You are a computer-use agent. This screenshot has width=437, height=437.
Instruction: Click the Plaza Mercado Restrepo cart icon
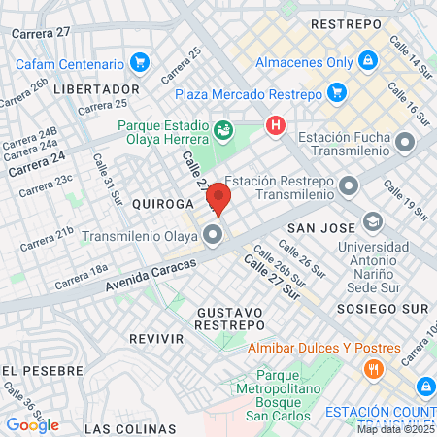coord(336,94)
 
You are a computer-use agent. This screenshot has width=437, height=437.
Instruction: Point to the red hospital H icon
coord(277,126)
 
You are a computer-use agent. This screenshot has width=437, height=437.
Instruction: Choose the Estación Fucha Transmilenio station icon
coord(403,144)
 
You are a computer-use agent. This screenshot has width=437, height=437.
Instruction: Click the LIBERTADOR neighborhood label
coord(97,88)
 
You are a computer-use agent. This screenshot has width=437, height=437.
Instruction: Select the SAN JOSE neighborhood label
coord(311,225)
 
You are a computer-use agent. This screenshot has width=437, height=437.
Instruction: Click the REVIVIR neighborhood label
coord(156,338)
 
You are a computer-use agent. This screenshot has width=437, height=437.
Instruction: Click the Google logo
coord(33,424)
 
